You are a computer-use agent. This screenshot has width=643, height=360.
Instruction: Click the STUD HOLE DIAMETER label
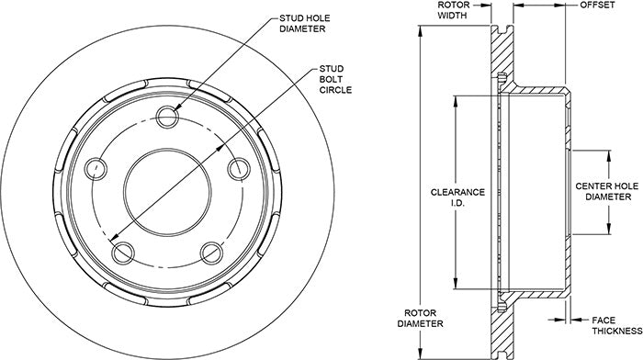(x=305, y=23)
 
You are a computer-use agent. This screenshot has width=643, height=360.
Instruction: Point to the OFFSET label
(x=597, y=5)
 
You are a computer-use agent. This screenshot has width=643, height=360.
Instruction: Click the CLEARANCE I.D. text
(x=457, y=197)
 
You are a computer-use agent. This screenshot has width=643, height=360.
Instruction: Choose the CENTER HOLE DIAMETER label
(x=608, y=192)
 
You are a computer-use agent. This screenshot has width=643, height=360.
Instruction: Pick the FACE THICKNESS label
(x=617, y=325)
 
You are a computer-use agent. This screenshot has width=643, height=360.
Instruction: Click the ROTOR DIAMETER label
(x=421, y=318)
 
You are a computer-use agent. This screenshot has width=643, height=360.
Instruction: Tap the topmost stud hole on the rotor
(x=168, y=117)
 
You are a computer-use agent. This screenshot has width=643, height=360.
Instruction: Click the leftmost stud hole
(x=96, y=168)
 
